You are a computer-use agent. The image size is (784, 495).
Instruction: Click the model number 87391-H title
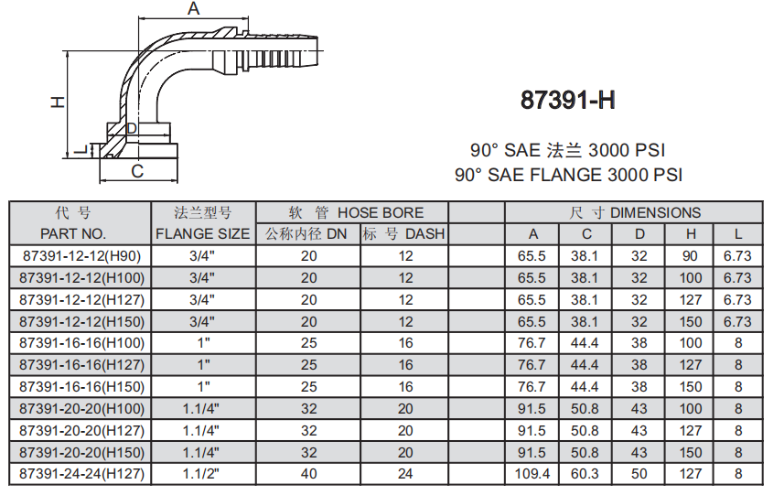pos(567,100)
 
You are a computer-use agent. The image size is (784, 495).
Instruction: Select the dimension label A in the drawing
pos(193,9)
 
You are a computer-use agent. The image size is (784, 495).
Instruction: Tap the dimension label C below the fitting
pos(137,171)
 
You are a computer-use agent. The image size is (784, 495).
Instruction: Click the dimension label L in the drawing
pos(81,148)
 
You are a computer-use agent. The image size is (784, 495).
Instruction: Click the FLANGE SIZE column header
pos(202,234)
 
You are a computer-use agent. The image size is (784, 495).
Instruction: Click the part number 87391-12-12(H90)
pos(80,256)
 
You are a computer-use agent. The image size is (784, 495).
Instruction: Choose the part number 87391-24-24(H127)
pos(80,474)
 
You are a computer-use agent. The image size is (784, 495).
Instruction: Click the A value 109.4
pos(533,474)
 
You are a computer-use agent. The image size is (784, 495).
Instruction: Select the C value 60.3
pos(586,474)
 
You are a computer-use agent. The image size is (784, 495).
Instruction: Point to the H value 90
pos(691,256)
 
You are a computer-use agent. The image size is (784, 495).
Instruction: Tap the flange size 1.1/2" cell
pos(201,474)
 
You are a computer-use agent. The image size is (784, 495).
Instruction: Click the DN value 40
pos(308,474)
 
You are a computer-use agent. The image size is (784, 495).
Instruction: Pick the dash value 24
pos(405,474)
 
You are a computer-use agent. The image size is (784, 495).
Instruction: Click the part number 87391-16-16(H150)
pos(80,387)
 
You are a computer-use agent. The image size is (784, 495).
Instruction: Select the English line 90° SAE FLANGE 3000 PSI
pos(568,175)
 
